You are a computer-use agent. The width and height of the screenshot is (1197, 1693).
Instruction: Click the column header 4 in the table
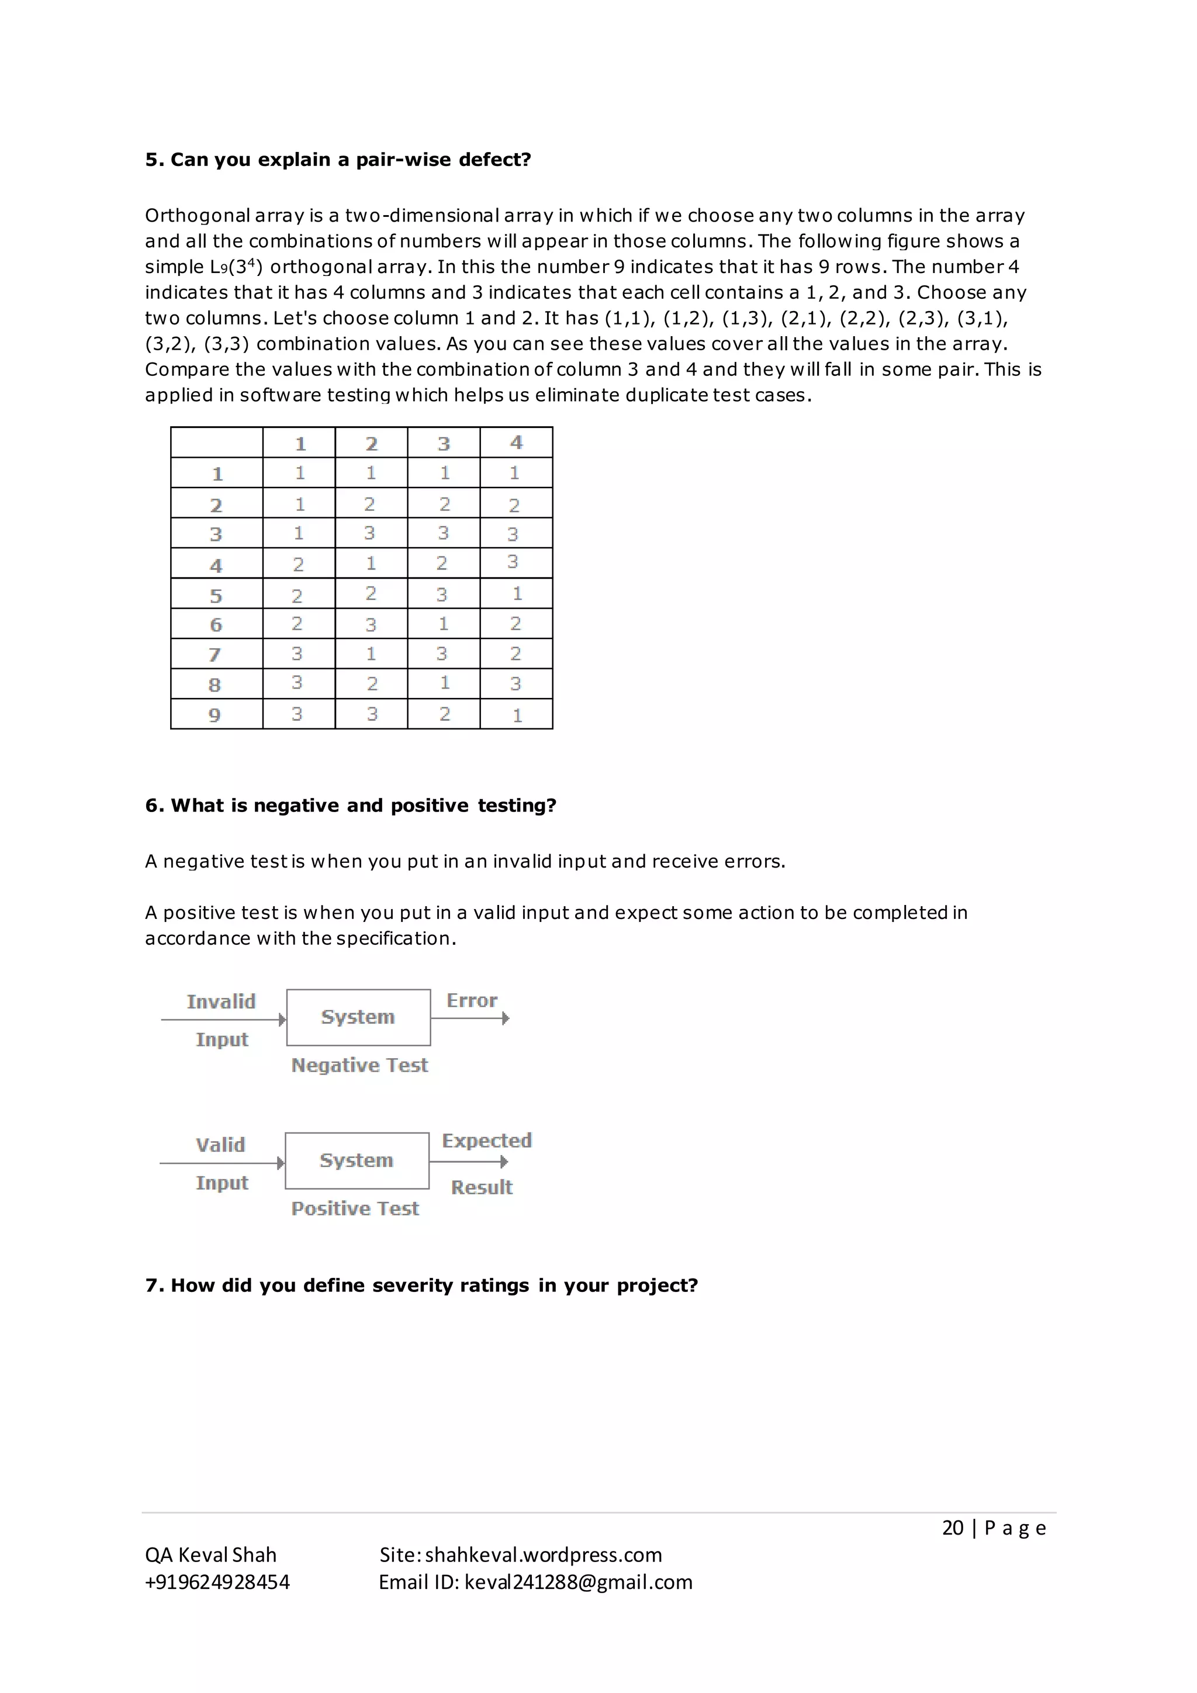[x=516, y=443]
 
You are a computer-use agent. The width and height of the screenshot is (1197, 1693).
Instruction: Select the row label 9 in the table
[x=215, y=714]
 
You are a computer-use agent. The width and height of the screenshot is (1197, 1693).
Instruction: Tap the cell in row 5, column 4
[x=517, y=593]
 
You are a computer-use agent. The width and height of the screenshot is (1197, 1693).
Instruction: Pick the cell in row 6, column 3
[x=444, y=624]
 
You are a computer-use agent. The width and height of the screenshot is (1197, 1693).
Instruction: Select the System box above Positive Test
[x=357, y=1160]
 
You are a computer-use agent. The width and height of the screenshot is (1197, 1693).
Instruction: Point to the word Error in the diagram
[x=472, y=1001]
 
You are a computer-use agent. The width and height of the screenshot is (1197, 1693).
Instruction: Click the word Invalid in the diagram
[x=221, y=1001]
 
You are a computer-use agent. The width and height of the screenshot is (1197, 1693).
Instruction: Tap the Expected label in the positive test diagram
[x=486, y=1141]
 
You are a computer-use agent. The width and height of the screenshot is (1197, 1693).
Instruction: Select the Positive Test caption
[x=355, y=1208]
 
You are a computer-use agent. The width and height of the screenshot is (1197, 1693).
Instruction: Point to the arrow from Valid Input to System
[x=221, y=1163]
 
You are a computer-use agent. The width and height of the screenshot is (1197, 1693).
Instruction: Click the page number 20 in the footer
[x=952, y=1528]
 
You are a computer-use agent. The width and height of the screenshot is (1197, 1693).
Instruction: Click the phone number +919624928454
[x=217, y=1582]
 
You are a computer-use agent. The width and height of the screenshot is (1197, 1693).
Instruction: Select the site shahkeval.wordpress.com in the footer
[x=543, y=1554]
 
